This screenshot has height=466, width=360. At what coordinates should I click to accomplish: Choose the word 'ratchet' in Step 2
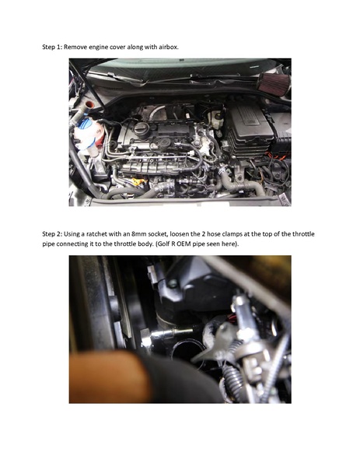pyautogui.click(x=100, y=233)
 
